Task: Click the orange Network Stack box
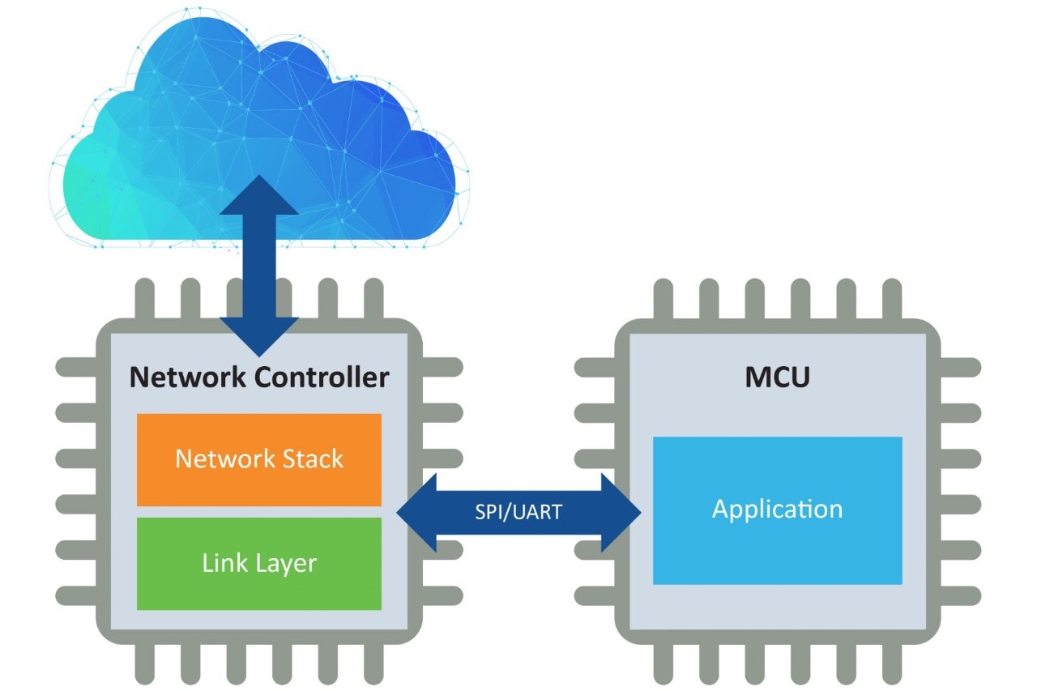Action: [x=258, y=459]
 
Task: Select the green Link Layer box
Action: [x=258, y=563]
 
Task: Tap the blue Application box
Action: [x=777, y=510]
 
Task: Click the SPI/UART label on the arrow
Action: [x=518, y=512]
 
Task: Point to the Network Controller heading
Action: [x=259, y=377]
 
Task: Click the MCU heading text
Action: [x=777, y=377]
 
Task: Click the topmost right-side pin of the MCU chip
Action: [x=959, y=368]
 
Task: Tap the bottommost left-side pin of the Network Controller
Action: [x=77, y=596]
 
